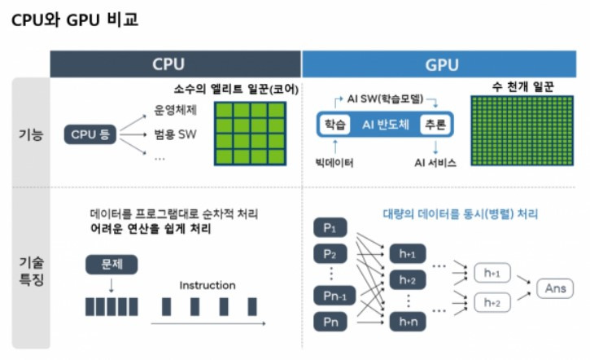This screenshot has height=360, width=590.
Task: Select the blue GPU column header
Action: pyautogui.click(x=441, y=64)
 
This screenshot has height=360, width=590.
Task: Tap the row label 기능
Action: pyautogui.click(x=30, y=134)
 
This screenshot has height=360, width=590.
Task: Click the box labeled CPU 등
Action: pyautogui.click(x=90, y=134)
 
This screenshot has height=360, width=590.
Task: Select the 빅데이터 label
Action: pyautogui.click(x=334, y=162)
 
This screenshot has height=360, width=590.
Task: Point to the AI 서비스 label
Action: pyautogui.click(x=435, y=162)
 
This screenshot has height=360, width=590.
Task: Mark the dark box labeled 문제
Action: pyautogui.click(x=110, y=265)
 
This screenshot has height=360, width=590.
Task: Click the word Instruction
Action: pyautogui.click(x=208, y=286)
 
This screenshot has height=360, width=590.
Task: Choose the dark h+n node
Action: pyautogui.click(x=408, y=323)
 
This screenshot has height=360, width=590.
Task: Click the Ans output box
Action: pyautogui.click(x=554, y=288)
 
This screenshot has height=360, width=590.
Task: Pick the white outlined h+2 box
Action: pyautogui.click(x=492, y=302)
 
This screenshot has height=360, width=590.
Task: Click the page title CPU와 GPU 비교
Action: pyautogui.click(x=75, y=20)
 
